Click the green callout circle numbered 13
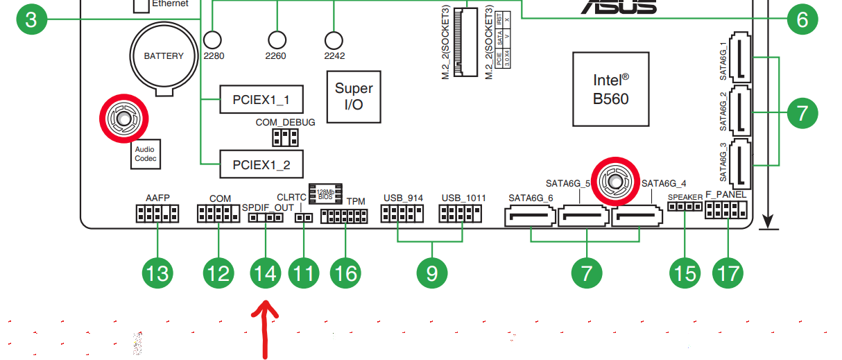click(x=157, y=273)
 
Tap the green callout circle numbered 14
click(x=266, y=273)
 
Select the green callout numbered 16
click(x=345, y=273)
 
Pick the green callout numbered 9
click(x=431, y=273)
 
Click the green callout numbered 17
click(x=728, y=273)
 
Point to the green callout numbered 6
click(x=802, y=19)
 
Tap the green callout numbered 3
click(x=31, y=19)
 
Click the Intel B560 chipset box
click(x=610, y=88)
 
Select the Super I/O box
click(x=354, y=96)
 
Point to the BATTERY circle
click(x=164, y=56)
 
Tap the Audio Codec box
click(x=146, y=153)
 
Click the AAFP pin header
click(x=157, y=214)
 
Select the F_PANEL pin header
click(x=726, y=209)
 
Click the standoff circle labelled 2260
click(x=277, y=40)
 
